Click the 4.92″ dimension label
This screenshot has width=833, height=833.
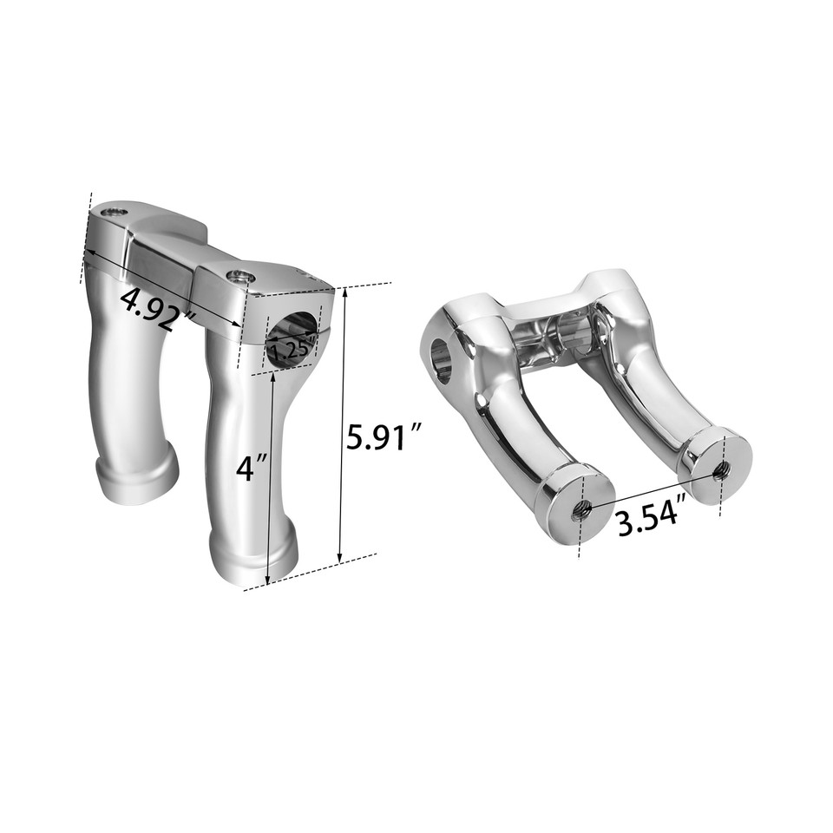pos(157,308)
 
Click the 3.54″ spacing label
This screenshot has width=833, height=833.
pos(652,521)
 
